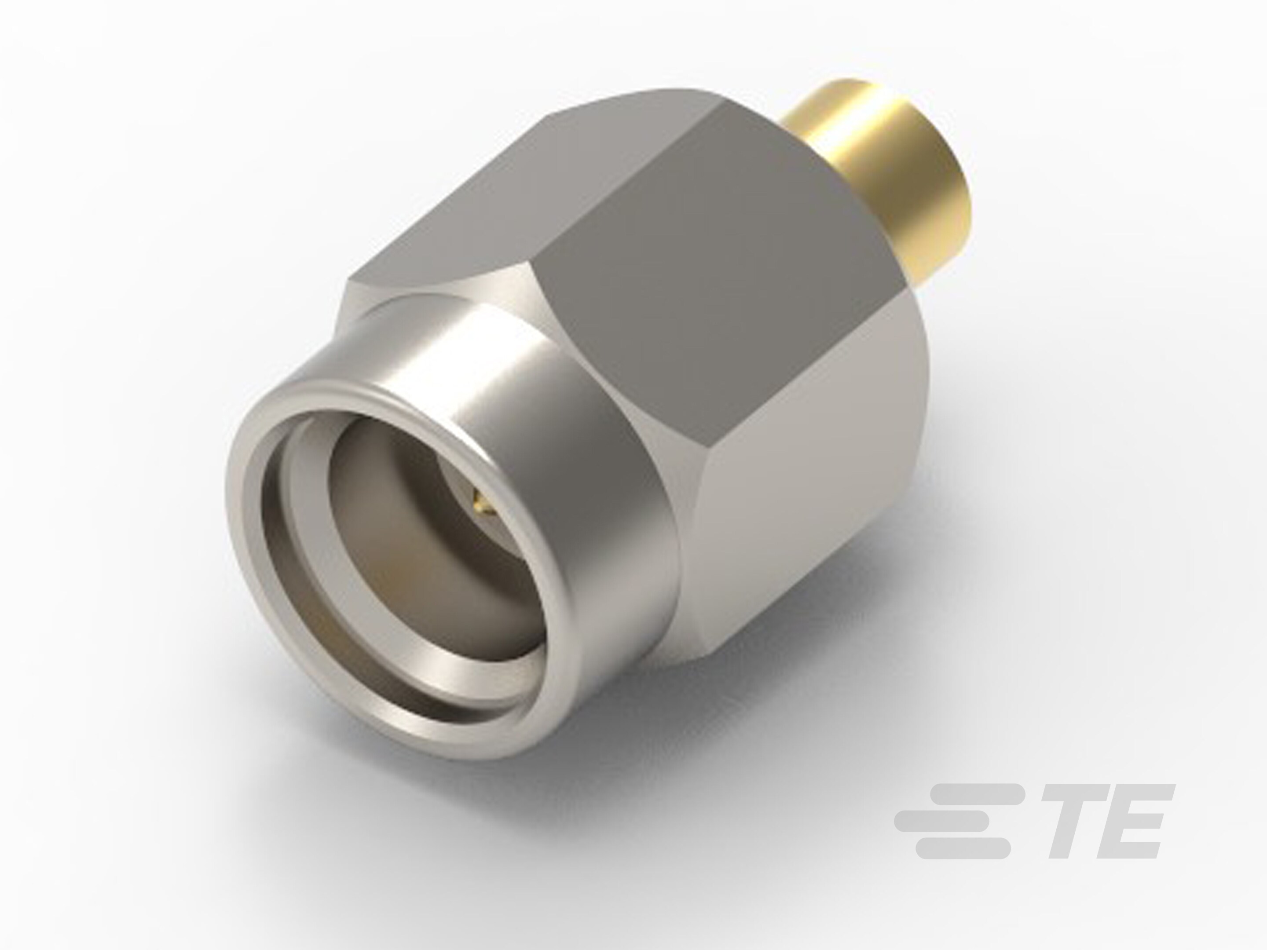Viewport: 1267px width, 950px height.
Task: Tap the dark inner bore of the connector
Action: click(412, 515)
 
